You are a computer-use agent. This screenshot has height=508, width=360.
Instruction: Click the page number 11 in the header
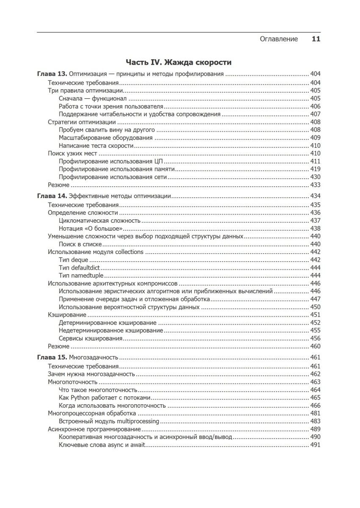tap(316, 39)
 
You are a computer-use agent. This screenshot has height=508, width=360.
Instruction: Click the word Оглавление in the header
tap(278, 39)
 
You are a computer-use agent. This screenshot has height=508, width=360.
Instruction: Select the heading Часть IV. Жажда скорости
tap(179, 63)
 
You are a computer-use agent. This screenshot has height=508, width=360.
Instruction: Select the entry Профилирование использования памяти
tap(117, 169)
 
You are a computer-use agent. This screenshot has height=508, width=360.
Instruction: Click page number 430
tap(315, 177)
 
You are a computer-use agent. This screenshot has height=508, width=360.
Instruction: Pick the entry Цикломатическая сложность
tap(100, 221)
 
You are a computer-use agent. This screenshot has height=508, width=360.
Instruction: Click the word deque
tap(80, 260)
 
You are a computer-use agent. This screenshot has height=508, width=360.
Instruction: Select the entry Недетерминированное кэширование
tap(111, 330)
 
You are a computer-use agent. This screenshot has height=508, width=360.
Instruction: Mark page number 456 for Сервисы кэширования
tap(315, 338)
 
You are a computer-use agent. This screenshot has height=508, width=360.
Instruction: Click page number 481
tap(315, 413)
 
